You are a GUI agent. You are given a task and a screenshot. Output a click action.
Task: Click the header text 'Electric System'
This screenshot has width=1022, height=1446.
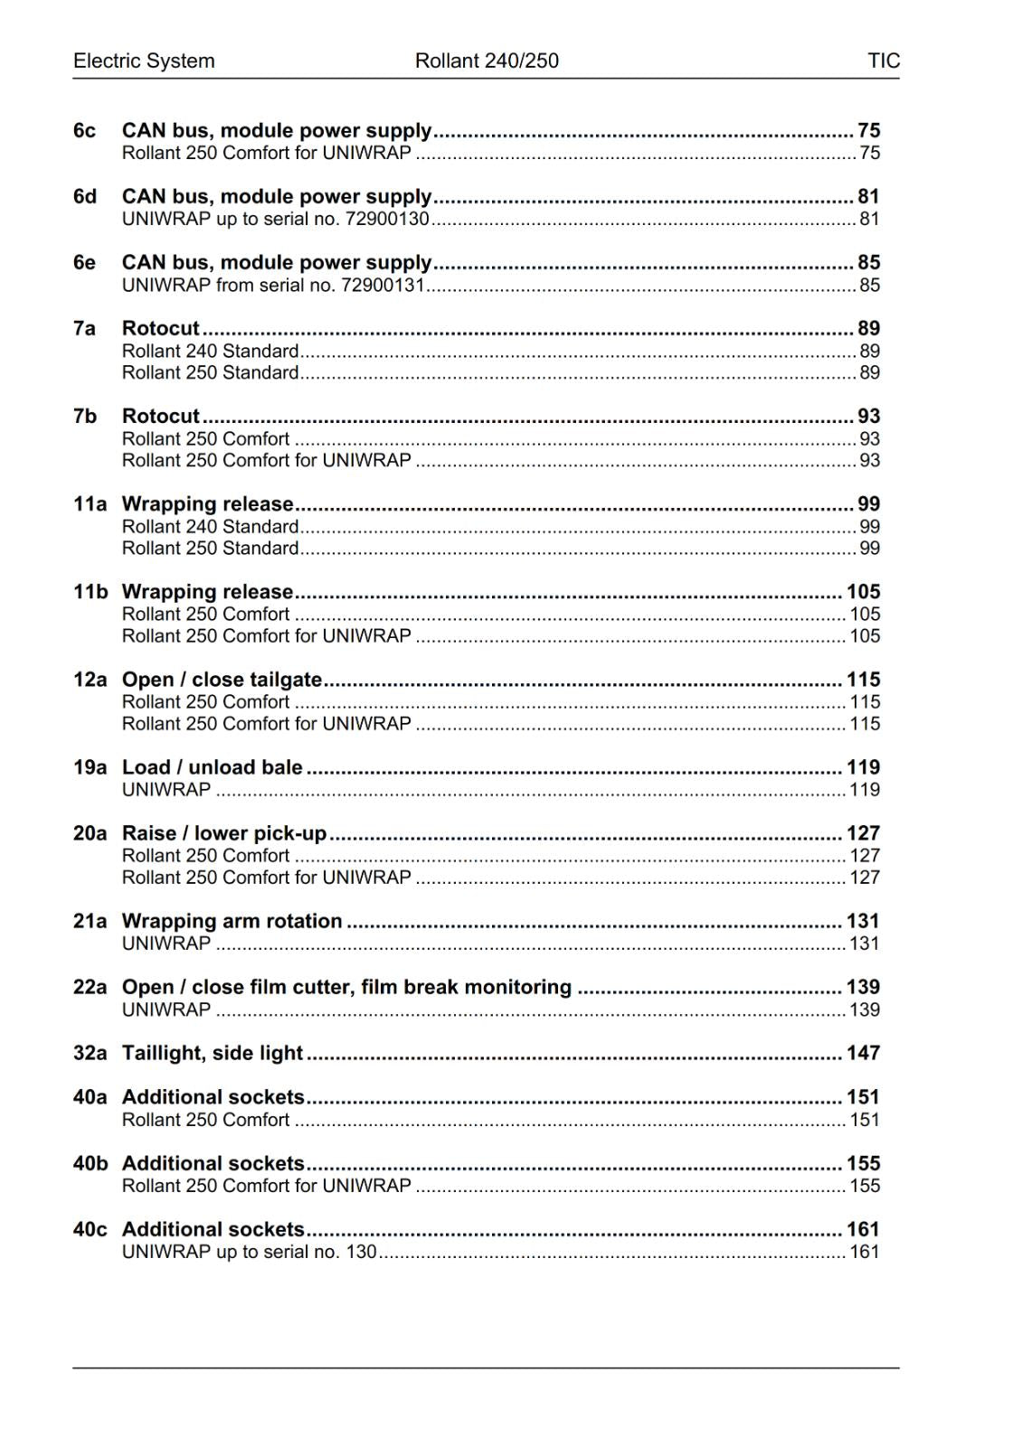point(144,61)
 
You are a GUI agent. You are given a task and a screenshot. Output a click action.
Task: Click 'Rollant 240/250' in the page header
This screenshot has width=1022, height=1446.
point(487,61)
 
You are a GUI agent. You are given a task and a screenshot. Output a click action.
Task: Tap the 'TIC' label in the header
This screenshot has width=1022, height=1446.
point(883,61)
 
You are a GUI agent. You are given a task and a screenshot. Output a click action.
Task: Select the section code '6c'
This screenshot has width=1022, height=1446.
point(84,131)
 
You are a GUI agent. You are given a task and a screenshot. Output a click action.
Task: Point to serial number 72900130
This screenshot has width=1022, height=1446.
point(387,219)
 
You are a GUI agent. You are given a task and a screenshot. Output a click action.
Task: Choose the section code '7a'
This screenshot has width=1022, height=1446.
point(84,328)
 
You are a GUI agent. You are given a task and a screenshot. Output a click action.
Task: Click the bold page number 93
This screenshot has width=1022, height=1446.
point(868,416)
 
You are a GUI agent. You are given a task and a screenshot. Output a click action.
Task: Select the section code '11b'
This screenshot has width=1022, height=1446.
point(90,592)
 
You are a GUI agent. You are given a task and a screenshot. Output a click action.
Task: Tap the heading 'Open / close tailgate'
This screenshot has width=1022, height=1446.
point(222,680)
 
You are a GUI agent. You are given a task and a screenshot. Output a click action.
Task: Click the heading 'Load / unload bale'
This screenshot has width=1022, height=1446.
point(212,767)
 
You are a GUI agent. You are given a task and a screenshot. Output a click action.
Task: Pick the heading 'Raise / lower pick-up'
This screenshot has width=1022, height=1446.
point(223,833)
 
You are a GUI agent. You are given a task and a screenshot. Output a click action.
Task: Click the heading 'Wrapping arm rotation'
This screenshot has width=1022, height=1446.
point(232,921)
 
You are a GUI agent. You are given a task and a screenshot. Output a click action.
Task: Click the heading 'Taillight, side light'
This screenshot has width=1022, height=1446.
point(212,1053)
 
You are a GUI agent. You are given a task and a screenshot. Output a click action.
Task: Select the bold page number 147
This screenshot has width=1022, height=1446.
point(863,1053)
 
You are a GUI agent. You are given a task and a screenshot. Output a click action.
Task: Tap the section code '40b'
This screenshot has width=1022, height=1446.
point(90,1163)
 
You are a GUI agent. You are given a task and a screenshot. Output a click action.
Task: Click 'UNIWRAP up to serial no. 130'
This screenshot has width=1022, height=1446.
point(249,1252)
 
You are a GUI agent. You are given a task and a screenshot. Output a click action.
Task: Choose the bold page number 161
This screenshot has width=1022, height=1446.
point(863,1229)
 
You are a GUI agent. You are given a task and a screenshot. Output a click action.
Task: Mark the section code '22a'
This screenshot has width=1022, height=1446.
point(90,987)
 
